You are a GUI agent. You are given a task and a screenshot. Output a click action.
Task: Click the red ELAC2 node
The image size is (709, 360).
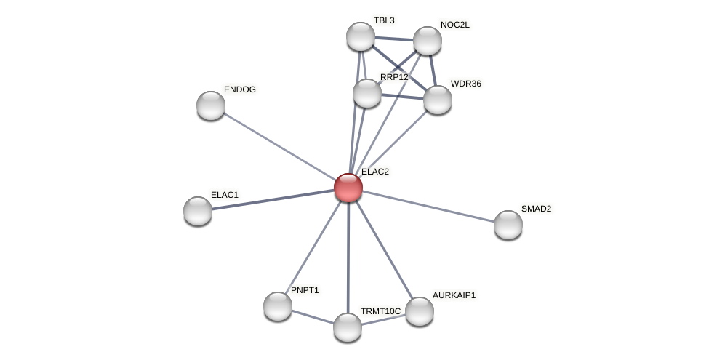point(348,188)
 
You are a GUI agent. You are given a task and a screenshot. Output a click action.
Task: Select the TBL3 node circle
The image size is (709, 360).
point(360,36)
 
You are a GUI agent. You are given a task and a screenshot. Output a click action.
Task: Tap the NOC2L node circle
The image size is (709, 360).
point(428,41)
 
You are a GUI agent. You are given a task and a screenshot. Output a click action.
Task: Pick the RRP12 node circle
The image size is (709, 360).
point(366,93)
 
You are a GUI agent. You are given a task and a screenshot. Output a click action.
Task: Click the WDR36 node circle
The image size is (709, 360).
point(437,100)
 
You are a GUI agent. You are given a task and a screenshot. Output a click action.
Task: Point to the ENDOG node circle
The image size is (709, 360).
point(211,105)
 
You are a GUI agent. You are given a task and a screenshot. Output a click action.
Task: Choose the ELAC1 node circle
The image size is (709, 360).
point(198,211)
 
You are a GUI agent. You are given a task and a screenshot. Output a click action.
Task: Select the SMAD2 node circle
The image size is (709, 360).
point(508,224)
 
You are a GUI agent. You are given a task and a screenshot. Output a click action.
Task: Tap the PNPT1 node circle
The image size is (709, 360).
point(277,305)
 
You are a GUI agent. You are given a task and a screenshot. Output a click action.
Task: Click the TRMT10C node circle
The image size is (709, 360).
point(348,327)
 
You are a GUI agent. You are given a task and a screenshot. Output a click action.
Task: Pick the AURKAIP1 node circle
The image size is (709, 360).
point(420,311)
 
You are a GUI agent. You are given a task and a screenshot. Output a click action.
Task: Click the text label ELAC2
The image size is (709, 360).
point(375,172)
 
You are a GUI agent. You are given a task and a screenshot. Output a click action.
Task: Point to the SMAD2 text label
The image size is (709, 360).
point(536,209)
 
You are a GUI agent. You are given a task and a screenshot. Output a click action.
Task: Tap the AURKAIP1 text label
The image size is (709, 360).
point(454,295)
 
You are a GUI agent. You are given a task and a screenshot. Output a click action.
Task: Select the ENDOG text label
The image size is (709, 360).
point(239,89)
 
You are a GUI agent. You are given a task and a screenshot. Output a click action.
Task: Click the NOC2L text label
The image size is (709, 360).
point(455,25)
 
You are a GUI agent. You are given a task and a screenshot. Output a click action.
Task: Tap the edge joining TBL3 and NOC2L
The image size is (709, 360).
point(393,39)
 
